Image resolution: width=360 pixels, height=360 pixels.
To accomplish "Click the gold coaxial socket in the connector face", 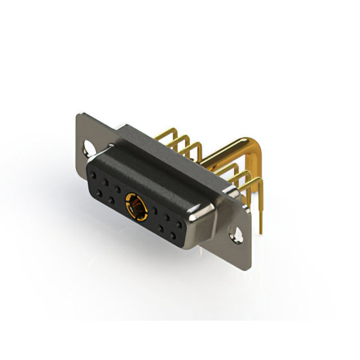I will point(137,205).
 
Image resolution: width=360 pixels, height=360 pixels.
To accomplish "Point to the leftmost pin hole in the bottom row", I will point(99,193).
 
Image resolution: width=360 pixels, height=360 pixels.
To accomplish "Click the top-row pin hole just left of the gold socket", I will point(117,187).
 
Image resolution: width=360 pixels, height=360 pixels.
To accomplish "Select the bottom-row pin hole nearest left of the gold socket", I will point(111,200).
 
